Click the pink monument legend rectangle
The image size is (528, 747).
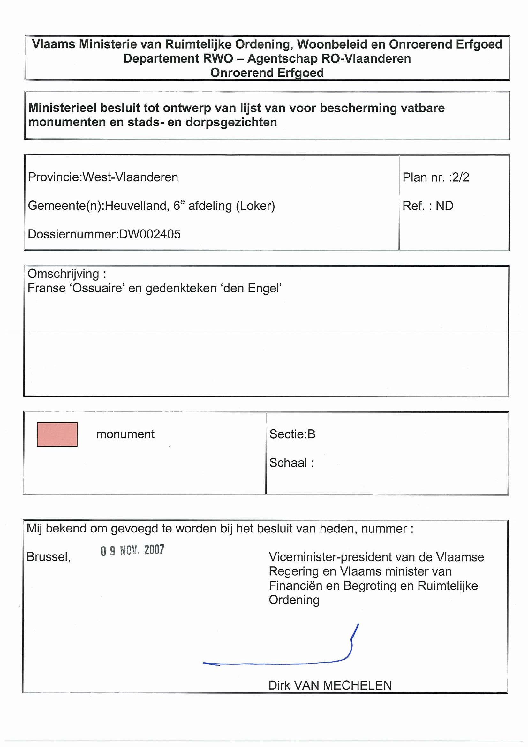57,434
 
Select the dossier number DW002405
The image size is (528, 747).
150,234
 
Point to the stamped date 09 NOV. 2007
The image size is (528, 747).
132,550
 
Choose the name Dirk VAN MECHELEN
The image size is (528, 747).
330,685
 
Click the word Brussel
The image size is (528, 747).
48,557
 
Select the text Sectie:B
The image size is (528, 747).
292,434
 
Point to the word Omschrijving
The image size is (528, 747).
64,274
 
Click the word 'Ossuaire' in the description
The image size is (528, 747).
97,288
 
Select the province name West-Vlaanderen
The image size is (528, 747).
130,177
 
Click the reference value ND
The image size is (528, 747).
444,206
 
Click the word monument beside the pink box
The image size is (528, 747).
125,434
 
